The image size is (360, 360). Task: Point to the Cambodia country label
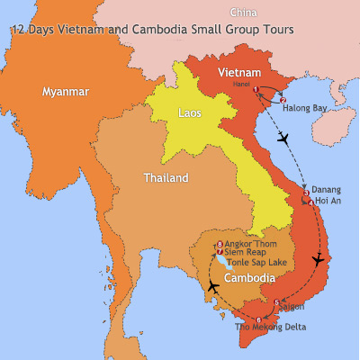point(249,277)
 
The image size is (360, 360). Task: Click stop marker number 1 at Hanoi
point(257,88)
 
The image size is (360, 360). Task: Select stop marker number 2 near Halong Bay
point(283,100)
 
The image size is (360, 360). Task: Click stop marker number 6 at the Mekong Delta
point(259,319)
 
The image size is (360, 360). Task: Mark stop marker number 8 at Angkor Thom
point(220,244)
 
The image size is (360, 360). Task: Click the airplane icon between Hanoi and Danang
point(286,139)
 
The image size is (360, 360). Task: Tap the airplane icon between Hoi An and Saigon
point(317,260)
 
